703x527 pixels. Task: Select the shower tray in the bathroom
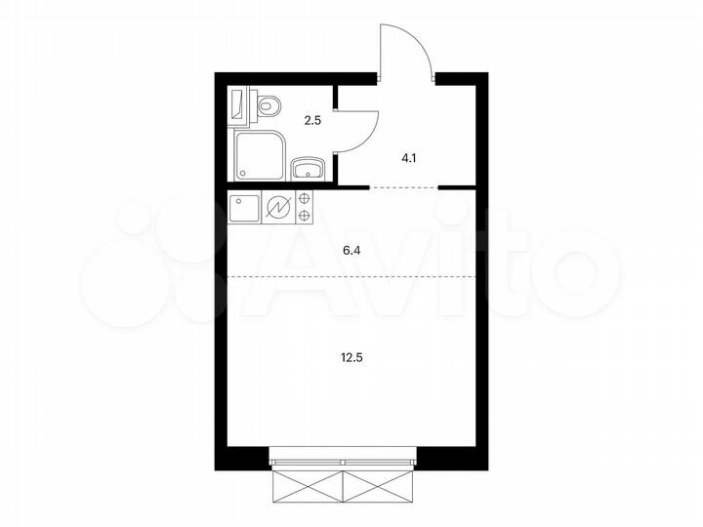coord(260,155)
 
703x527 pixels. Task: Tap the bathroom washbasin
coord(309,169)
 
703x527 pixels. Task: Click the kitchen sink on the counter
coord(244,207)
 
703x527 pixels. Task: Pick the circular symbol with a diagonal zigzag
coord(279,207)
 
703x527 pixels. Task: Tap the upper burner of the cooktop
coord(304,199)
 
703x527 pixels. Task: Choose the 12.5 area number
coord(351,355)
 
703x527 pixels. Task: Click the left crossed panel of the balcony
coord(307,484)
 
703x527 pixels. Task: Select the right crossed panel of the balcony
coord(380,484)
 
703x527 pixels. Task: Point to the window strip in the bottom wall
coord(344,454)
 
